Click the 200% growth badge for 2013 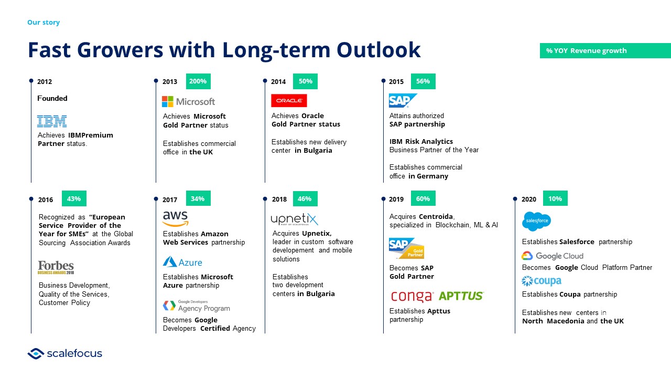pyautogui.click(x=198, y=81)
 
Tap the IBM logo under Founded pyautogui.click(x=52, y=121)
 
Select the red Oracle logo pyautogui.click(x=289, y=100)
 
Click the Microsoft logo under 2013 pyautogui.click(x=188, y=102)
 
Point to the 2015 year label pyautogui.click(x=396, y=81)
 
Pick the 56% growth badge pyautogui.click(x=423, y=81)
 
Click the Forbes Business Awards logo pyautogui.click(x=56, y=267)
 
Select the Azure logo pyautogui.click(x=182, y=262)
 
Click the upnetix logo pyautogui.click(x=295, y=219)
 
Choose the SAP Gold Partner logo pyautogui.click(x=406, y=248)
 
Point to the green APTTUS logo pyautogui.click(x=461, y=296)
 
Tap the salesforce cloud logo pyautogui.click(x=536, y=221)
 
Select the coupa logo pyautogui.click(x=542, y=281)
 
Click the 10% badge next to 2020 pyautogui.click(x=555, y=198)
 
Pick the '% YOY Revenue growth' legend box pyautogui.click(x=605, y=51)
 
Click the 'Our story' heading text pyautogui.click(x=44, y=23)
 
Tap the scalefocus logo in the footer pyautogui.click(x=64, y=353)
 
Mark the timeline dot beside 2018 pyautogui.click(x=265, y=199)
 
